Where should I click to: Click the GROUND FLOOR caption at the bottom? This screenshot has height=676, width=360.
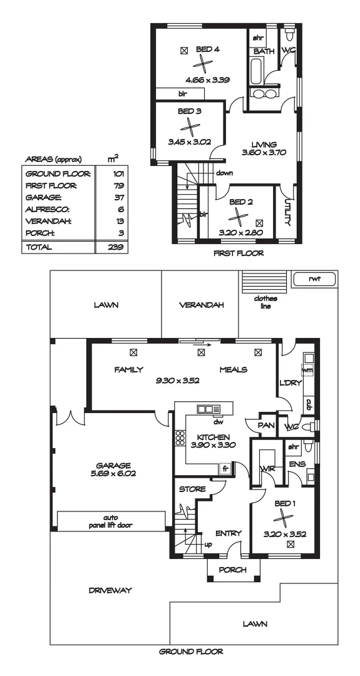pos(191,652)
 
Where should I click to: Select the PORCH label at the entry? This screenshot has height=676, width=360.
pos(232,570)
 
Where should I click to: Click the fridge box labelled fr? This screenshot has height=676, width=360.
pos(224,468)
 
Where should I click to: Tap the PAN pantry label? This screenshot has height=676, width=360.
pos(264,425)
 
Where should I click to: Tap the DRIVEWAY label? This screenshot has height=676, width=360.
pos(110,590)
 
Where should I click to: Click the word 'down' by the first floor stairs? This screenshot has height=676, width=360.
pos(225,173)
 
